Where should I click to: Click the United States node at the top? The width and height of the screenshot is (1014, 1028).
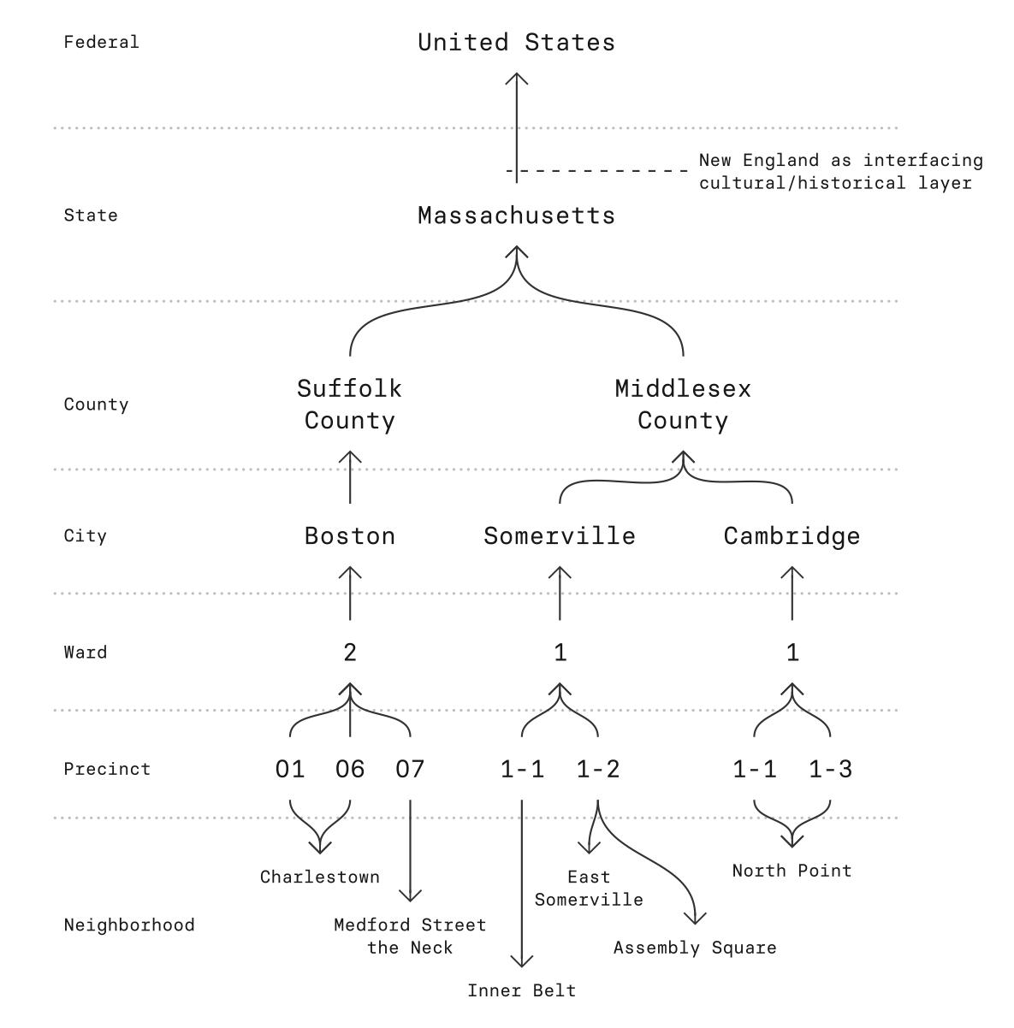pos(516,43)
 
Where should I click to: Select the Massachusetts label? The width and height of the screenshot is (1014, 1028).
pos(516,216)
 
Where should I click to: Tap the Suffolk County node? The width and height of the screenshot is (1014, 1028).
pos(349,405)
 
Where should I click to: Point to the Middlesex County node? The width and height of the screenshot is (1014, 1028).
pos(683,405)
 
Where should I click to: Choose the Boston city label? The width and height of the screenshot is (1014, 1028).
pos(350,536)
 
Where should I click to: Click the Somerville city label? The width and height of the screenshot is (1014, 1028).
pos(560,536)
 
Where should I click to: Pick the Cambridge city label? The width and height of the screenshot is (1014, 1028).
pos(792,536)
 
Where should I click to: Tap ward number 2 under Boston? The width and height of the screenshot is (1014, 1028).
pos(350,653)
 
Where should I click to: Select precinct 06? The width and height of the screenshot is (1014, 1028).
pos(350,770)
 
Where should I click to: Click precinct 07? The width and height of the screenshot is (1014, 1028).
pos(410,770)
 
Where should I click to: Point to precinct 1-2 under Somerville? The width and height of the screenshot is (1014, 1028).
pos(597,770)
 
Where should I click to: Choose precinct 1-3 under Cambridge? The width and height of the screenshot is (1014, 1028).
pos(830,770)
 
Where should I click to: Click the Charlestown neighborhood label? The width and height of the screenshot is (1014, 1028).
pos(320,877)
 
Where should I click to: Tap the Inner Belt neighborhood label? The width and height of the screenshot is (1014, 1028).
pos(522,991)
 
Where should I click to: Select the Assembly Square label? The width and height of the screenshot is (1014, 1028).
pos(695,948)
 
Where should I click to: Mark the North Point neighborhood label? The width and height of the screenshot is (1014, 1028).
pos(792,871)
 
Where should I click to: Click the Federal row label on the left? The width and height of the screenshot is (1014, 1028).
pos(101,42)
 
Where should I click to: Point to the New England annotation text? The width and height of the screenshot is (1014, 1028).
pos(840,172)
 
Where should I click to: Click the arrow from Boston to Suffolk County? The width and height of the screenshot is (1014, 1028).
pos(350,477)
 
